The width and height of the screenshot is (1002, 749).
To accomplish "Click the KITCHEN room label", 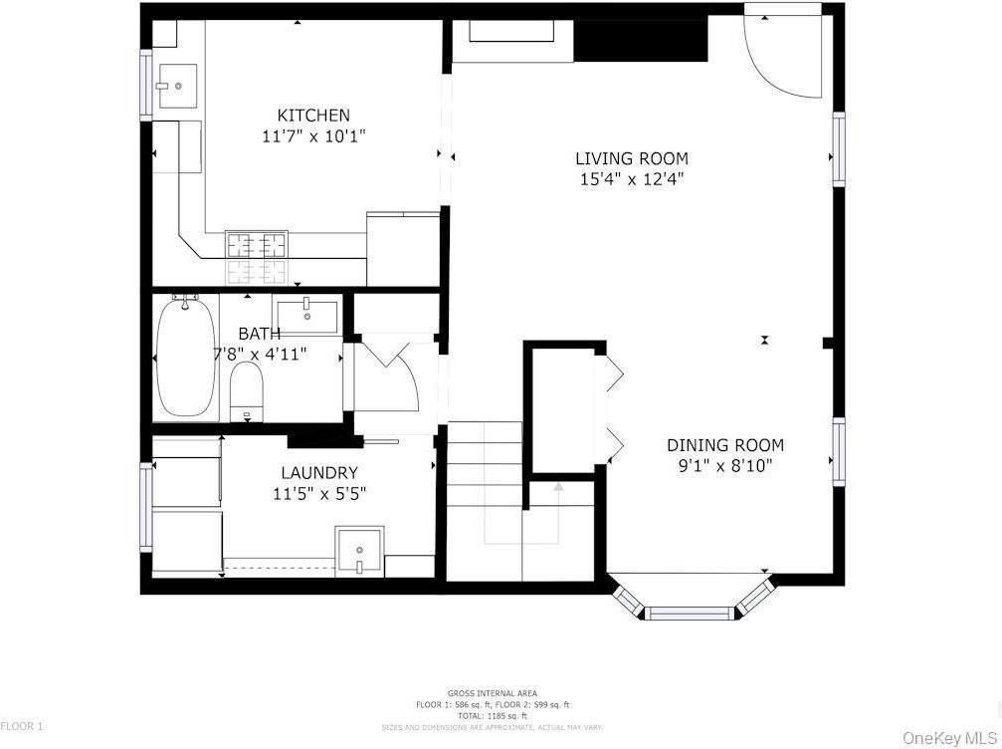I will click(x=313, y=116).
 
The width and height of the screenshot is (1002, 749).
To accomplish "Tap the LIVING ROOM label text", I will click(x=631, y=158).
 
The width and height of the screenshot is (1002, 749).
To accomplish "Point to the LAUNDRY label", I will click(x=318, y=473).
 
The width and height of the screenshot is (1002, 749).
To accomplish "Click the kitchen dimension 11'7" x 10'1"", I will click(x=313, y=136).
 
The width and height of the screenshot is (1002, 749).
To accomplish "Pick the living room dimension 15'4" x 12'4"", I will click(x=631, y=179).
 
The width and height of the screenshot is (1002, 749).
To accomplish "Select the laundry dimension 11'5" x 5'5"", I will click(x=318, y=493).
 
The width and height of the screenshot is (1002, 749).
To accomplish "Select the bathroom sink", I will click(x=307, y=313).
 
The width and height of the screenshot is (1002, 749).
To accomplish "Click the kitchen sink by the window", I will click(x=178, y=86).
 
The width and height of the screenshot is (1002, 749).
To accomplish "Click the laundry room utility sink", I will click(x=358, y=551).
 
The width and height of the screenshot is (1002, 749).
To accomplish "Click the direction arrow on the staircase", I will click(x=558, y=488).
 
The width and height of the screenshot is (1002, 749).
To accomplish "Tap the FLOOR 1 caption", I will click(x=22, y=727).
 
